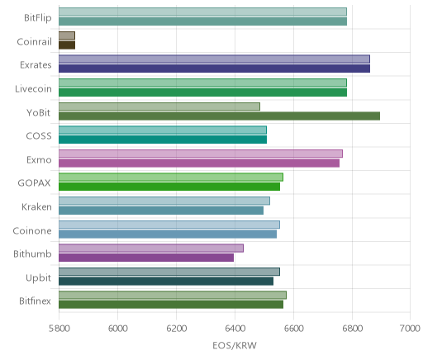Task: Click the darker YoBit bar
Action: tap(219, 116)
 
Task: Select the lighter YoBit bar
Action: tap(159, 107)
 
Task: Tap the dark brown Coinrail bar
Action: tap(67, 45)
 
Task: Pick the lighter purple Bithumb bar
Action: tap(151, 248)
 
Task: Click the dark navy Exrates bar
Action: tap(214, 69)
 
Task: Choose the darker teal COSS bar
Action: tap(163, 140)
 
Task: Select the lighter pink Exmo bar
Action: tap(201, 154)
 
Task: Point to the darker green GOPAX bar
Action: tap(169, 187)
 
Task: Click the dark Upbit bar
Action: tap(166, 281)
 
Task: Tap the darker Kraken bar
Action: tap(161, 211)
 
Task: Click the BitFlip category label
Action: tap(38, 18)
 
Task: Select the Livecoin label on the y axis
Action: tap(33, 88)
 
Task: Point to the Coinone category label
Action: tap(32, 230)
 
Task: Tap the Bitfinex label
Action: tap(35, 301)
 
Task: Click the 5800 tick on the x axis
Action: tap(59, 329)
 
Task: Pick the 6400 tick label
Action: tap(235, 329)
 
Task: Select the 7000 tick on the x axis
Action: tap(410, 329)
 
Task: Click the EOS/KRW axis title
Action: tap(235, 345)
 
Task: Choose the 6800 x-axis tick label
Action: tap(352, 329)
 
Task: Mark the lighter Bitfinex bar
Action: tap(173, 295)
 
